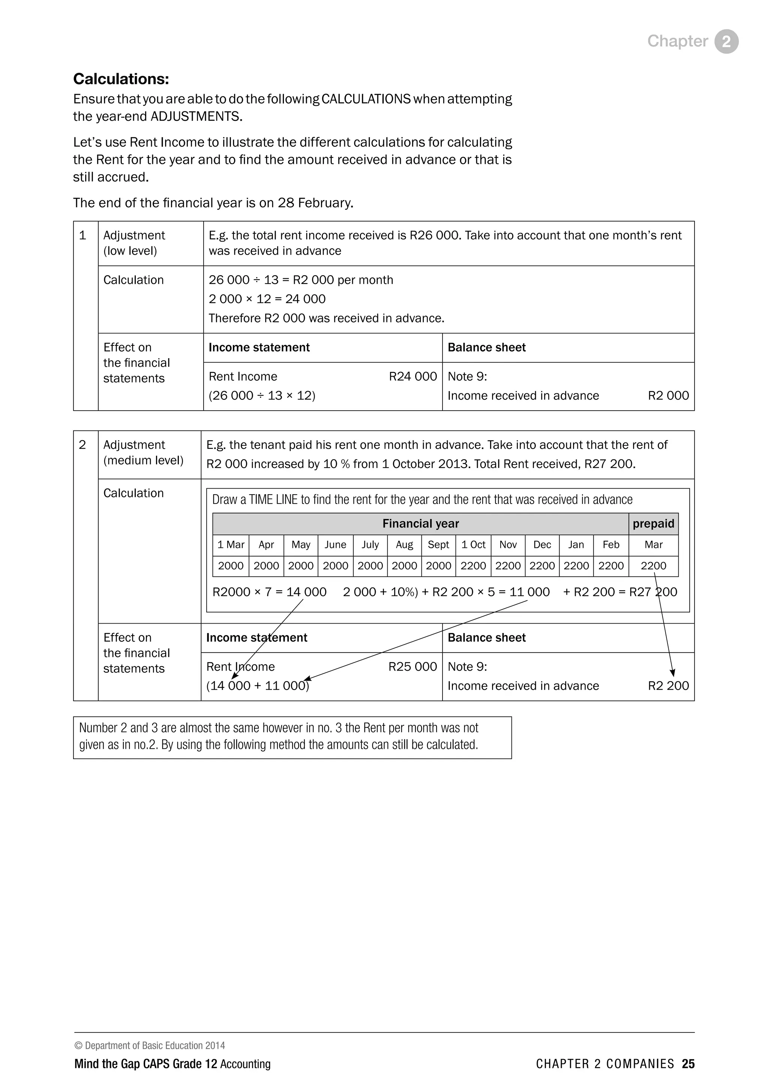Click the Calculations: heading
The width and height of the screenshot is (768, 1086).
coord(121,79)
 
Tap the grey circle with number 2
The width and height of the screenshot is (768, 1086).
coord(726,42)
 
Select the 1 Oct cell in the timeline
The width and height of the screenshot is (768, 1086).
coord(473,544)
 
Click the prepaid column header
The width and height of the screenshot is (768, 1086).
coord(653,523)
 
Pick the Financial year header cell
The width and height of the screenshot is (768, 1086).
coord(420,523)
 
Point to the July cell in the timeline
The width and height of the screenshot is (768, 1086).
coord(370,544)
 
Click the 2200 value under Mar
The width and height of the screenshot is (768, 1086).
coord(653,566)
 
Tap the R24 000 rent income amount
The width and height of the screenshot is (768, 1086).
coord(412,376)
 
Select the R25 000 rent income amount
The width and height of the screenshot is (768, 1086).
coord(412,666)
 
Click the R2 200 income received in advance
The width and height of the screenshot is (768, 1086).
coord(668,686)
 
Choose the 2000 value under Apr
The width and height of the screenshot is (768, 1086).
coord(266,566)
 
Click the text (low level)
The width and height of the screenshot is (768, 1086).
coord(130,251)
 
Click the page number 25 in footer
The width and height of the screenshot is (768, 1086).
coord(688,1064)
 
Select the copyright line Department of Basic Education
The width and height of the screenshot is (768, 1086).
coord(150,1045)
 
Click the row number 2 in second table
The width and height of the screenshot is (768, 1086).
coord(82,445)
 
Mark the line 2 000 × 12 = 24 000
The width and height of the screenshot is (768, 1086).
coord(267,299)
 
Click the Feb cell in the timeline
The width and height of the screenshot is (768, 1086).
coord(610,544)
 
